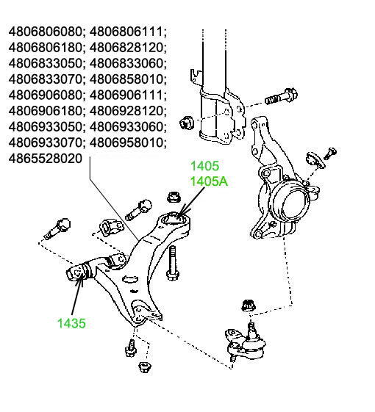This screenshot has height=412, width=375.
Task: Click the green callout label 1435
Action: click(71, 323)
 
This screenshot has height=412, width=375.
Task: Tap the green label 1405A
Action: click(210, 181)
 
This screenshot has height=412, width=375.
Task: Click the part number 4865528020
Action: click(46, 159)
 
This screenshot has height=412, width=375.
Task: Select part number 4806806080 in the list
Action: click(46, 32)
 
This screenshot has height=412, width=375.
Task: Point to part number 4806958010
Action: click(126, 142)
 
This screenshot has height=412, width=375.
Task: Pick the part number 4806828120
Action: click(126, 48)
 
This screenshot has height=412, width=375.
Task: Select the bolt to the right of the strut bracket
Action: click(281, 96)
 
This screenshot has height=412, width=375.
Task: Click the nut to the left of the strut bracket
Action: click(186, 123)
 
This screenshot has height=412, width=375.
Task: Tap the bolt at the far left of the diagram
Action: click(57, 228)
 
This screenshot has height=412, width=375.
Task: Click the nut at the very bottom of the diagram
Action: click(145, 367)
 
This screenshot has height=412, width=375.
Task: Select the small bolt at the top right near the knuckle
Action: click(330, 153)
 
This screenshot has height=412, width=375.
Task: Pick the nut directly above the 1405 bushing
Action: click(174, 197)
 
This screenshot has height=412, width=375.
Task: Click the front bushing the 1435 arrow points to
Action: click(78, 272)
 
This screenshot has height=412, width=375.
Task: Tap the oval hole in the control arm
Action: click(130, 279)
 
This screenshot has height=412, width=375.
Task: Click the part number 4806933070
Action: click(46, 142)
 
